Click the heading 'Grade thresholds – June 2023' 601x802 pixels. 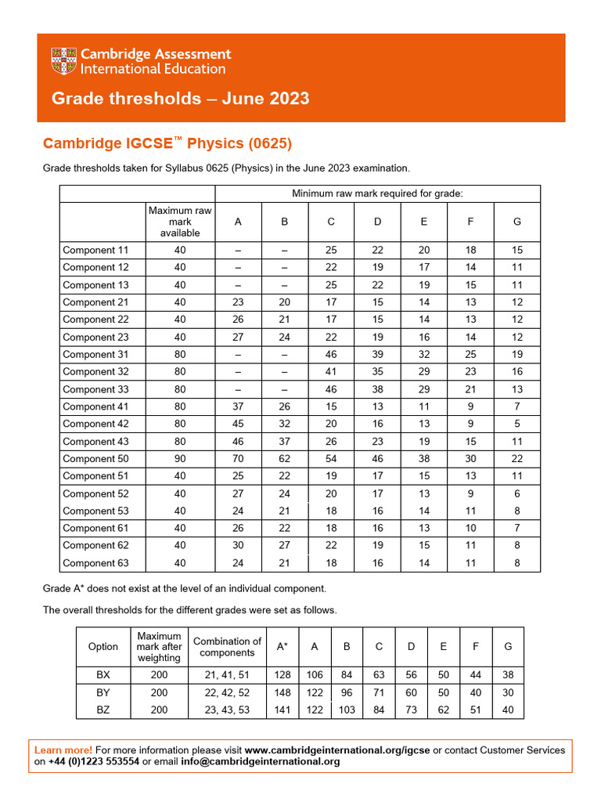click(180, 99)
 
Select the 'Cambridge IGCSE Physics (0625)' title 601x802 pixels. click(167, 143)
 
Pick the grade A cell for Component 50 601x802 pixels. click(238, 459)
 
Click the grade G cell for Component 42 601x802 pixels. click(516, 424)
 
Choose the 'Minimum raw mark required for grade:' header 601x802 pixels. click(377, 193)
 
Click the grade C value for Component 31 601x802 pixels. click(331, 354)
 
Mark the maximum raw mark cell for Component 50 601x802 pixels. click(180, 459)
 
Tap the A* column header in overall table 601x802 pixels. click(282, 646)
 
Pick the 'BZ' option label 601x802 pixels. click(103, 710)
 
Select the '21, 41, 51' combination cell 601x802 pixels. click(227, 675)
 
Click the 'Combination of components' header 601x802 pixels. click(227, 647)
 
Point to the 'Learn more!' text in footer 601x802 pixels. click(63, 750)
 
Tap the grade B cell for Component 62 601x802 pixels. click(284, 545)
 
